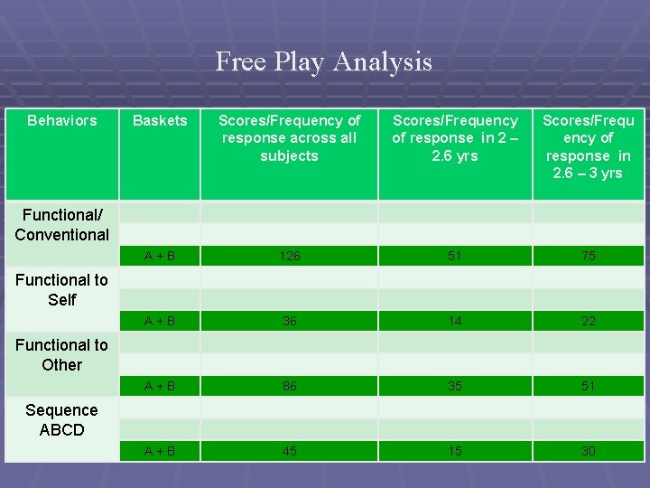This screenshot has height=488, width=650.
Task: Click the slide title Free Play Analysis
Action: [x=324, y=62]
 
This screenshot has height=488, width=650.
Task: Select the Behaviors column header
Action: [x=62, y=120]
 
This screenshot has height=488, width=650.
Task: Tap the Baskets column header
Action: [x=160, y=120]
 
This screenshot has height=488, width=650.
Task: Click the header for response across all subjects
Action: [x=289, y=138]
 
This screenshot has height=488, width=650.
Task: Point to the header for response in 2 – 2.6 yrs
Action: [x=455, y=138]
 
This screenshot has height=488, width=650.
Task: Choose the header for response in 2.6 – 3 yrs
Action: [x=588, y=146]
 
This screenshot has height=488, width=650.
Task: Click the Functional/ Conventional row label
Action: [x=62, y=225]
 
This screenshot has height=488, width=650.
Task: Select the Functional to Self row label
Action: [x=62, y=290]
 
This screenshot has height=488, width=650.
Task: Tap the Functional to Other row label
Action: [x=62, y=355]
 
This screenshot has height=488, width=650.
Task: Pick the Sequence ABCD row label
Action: [x=62, y=420]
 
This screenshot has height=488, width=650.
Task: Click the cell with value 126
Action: [x=289, y=256]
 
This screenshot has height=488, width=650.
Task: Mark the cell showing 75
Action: [x=588, y=256]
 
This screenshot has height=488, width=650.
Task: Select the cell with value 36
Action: [x=289, y=321]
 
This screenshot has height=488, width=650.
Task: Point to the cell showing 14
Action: [x=455, y=321]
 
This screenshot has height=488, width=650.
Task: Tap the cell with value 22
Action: [x=588, y=321]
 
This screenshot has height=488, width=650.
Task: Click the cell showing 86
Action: [x=289, y=386]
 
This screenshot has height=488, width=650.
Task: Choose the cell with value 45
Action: [x=289, y=451]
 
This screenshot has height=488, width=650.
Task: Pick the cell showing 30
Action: [x=588, y=451]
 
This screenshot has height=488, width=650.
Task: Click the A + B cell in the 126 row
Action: [x=160, y=256]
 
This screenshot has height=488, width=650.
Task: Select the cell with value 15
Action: [x=455, y=451]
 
